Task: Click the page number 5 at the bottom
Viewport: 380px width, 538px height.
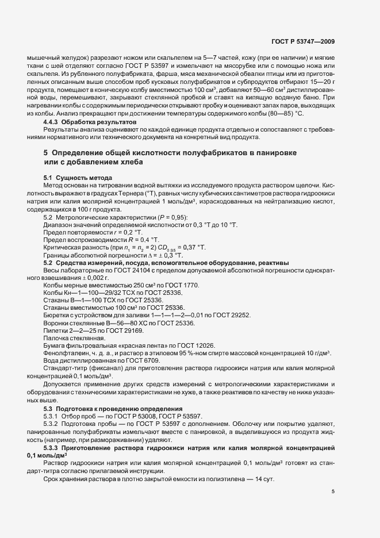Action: click(333, 491)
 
